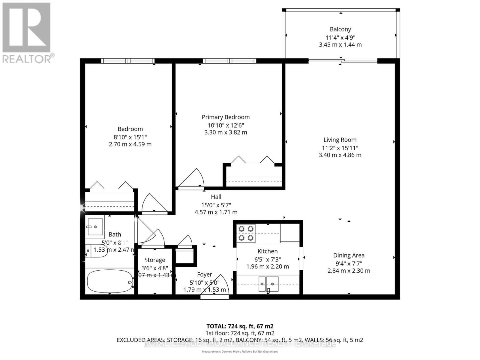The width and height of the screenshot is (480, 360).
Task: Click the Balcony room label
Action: pyautogui.click(x=340, y=29)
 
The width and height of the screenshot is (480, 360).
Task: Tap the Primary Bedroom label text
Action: pyautogui.click(x=226, y=117)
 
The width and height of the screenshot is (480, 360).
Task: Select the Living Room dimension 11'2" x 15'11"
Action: pyautogui.click(x=340, y=148)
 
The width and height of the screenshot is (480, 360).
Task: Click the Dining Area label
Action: pyautogui.click(x=349, y=255)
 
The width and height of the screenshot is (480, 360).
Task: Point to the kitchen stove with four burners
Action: pyautogui.click(x=246, y=233)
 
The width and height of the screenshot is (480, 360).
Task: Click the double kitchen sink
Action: pyautogui.click(x=268, y=284)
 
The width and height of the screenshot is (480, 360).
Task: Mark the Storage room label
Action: pyautogui.click(x=155, y=260)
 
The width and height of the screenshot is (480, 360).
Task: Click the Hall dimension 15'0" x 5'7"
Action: pyautogui.click(x=216, y=205)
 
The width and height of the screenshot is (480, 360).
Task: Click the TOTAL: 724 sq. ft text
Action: pyautogui.click(x=240, y=326)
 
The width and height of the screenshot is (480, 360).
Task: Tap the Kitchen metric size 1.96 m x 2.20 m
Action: pyautogui.click(x=268, y=266)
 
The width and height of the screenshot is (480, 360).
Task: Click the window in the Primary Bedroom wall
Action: pyautogui.click(x=229, y=61)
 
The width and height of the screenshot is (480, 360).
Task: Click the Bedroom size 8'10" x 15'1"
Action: pyautogui.click(x=130, y=137)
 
